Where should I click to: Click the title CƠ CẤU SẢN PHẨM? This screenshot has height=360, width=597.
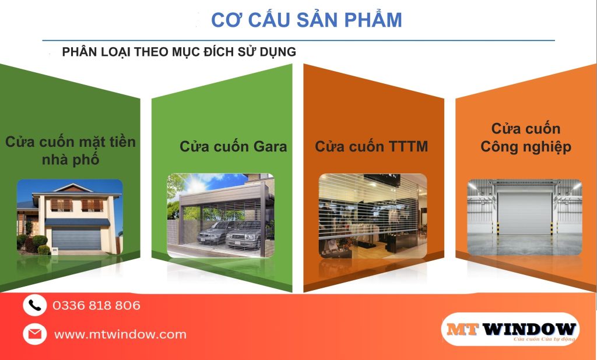pyautogui.click(x=306, y=20)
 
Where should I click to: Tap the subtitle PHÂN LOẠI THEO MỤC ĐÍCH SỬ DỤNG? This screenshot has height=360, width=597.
pyautogui.click(x=179, y=52)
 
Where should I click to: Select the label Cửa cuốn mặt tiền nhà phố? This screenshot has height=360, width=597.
pyautogui.click(x=71, y=150)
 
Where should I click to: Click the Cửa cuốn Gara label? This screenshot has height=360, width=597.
pyautogui.click(x=233, y=146)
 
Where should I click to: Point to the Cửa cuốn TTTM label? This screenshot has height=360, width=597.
pyautogui.click(x=371, y=146)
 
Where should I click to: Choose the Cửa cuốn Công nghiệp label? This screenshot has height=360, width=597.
pyautogui.click(x=526, y=137)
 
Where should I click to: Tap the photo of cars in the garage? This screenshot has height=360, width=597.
pyautogui.click(x=220, y=216)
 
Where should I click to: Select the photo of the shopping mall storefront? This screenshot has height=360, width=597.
pyautogui.click(x=373, y=216)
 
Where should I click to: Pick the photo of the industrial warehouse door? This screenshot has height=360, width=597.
pyautogui.click(x=525, y=216)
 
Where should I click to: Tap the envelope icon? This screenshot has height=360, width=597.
pyautogui.click(x=34, y=334)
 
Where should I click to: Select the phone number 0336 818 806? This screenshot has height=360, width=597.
pyautogui.click(x=96, y=305)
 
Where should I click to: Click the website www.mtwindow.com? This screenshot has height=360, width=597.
pyautogui.click(x=120, y=334)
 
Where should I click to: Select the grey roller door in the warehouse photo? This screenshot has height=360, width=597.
pyautogui.click(x=525, y=213)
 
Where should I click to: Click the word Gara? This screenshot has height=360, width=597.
pyautogui.click(x=270, y=146)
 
